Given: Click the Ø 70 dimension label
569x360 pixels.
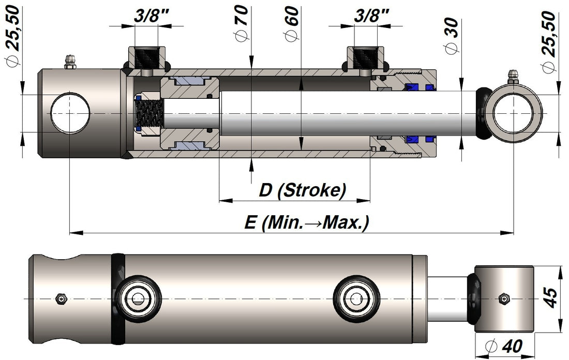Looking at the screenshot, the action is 242,23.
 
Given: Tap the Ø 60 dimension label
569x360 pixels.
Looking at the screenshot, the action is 291,23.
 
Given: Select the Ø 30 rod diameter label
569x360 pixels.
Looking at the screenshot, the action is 452,36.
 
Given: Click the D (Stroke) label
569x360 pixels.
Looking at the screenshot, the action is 303,190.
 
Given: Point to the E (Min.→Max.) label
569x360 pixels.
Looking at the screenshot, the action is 307,222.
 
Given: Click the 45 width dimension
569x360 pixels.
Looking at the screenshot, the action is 551,297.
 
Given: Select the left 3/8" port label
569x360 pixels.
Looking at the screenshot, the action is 152,16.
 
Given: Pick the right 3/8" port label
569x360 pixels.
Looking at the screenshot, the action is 371,16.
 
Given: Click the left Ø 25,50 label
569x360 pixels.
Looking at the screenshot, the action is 14,36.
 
